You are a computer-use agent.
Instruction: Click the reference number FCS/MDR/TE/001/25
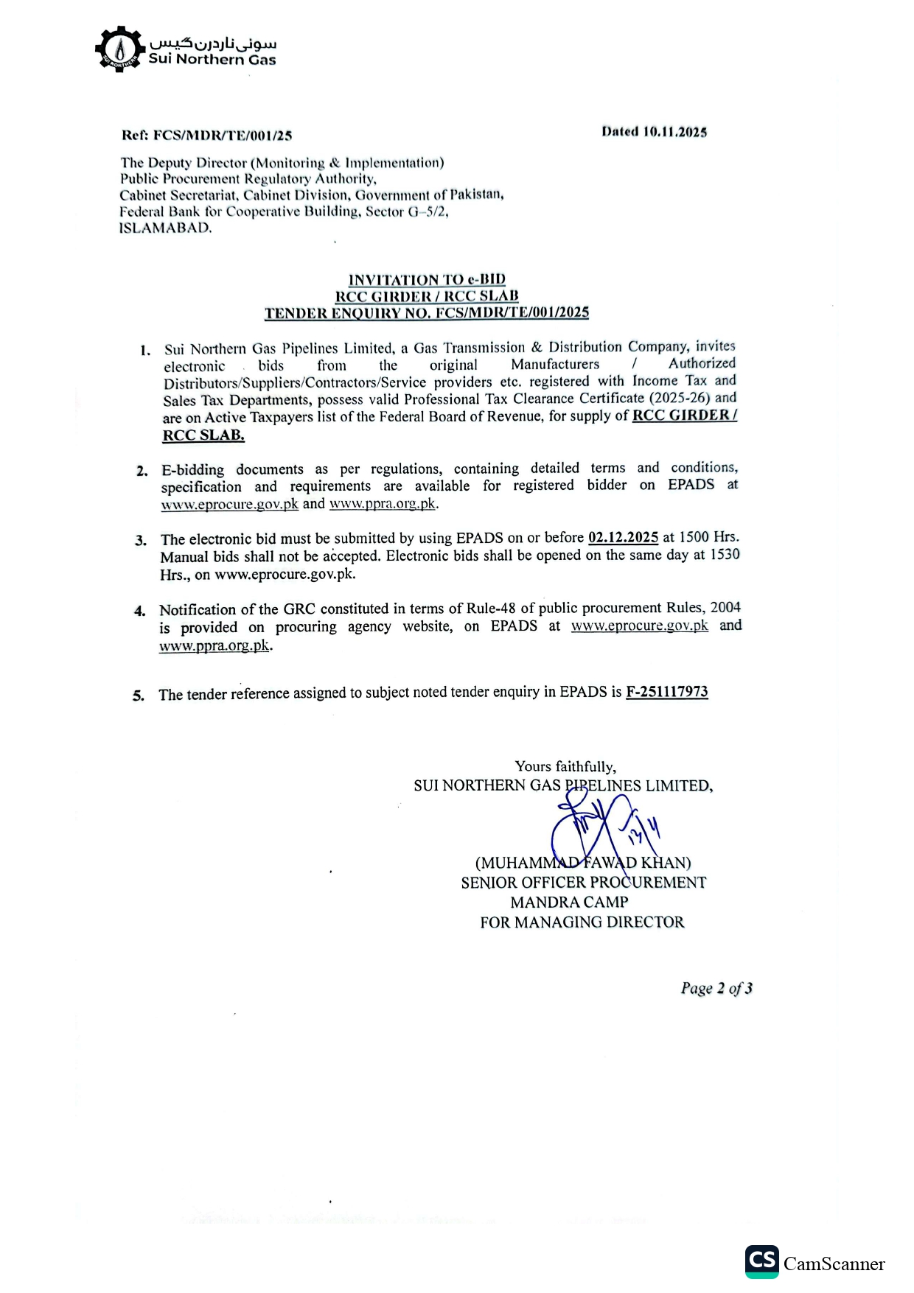(223, 136)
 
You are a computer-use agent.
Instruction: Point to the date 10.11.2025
(674, 132)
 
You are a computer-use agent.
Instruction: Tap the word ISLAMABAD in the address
(166, 228)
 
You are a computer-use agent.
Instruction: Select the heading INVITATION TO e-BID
(427, 279)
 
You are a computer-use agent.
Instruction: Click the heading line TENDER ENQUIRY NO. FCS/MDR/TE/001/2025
(427, 313)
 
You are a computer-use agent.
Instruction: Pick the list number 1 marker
(145, 350)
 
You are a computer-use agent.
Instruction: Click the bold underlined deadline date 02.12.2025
(623, 537)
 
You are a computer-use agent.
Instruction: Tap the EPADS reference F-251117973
(666, 692)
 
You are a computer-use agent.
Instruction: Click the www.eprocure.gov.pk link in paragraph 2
(230, 504)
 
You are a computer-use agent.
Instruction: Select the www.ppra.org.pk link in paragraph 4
(214, 645)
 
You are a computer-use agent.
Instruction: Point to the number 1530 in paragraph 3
(724, 555)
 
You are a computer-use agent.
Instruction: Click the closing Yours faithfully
(565, 766)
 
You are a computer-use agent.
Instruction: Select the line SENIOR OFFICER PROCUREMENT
(583, 883)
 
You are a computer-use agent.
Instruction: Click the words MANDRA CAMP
(569, 902)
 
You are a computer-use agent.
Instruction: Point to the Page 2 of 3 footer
(716, 988)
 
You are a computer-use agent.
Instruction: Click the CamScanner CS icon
(761, 1261)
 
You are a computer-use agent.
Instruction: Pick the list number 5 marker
(139, 695)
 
